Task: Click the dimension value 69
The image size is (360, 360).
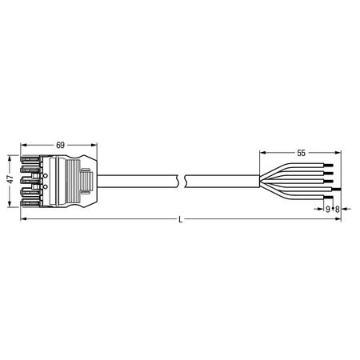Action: pyautogui.click(x=61, y=145)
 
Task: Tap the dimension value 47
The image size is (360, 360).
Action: pyautogui.click(x=10, y=180)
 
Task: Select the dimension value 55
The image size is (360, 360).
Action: pyautogui.click(x=301, y=153)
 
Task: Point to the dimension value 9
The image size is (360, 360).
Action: pyautogui.click(x=328, y=210)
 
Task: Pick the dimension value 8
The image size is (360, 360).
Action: pyautogui.click(x=337, y=210)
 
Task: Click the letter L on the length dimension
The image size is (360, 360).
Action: pyautogui.click(x=181, y=219)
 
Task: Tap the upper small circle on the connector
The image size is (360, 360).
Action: pyautogui.click(x=45, y=175)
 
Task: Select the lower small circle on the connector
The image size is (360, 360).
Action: pyautogui.click(x=45, y=186)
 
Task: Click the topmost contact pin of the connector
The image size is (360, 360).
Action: pyautogui.click(x=30, y=159)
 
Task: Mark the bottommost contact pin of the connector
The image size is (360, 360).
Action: pyautogui.click(x=30, y=203)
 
